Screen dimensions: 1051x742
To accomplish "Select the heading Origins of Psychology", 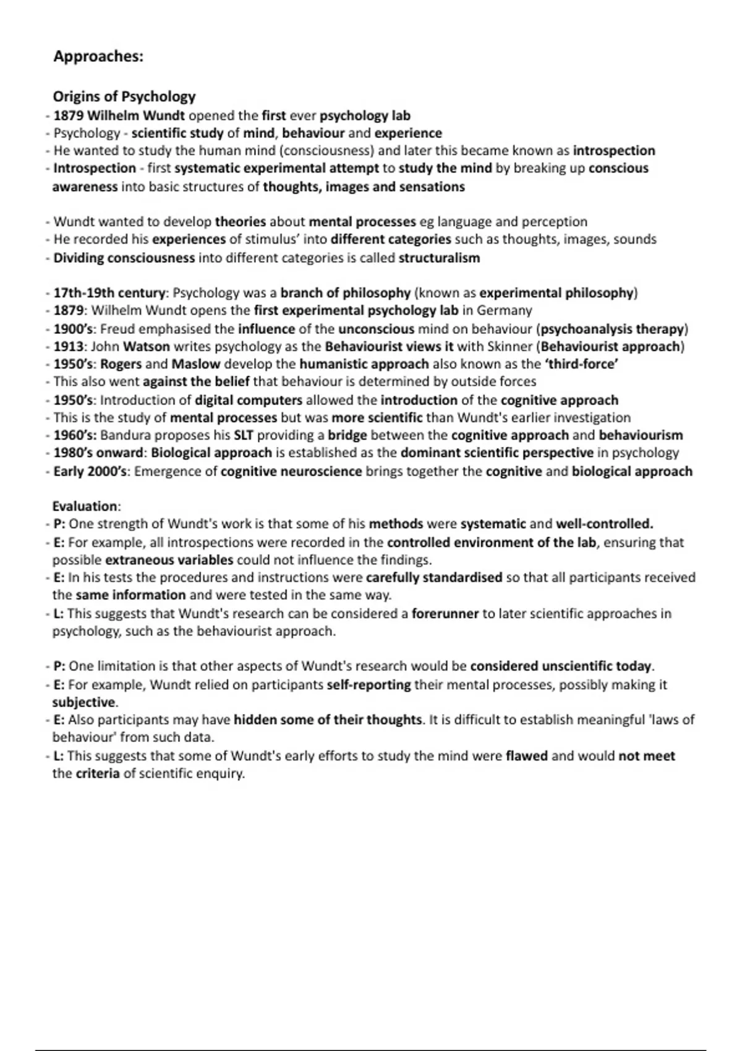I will pyautogui.click(x=124, y=96).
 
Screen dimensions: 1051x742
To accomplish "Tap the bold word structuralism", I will pyautogui.click(x=439, y=258).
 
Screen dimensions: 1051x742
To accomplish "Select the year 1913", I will pyautogui.click(x=68, y=346).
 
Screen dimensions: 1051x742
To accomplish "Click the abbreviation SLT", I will pyautogui.click(x=244, y=435).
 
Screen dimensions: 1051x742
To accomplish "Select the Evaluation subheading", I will pyautogui.click(x=86, y=506).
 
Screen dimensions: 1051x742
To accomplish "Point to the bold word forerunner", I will pyautogui.click(x=445, y=614).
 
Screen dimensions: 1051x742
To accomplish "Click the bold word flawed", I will pyautogui.click(x=526, y=755).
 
